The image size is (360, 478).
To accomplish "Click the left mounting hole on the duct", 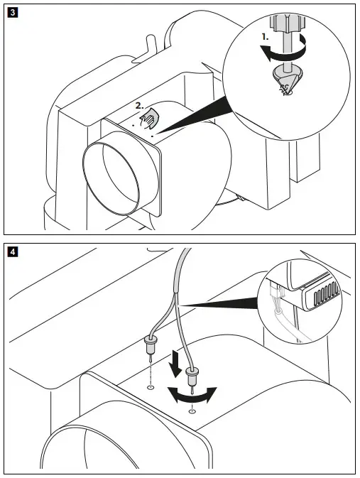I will [149, 388].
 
